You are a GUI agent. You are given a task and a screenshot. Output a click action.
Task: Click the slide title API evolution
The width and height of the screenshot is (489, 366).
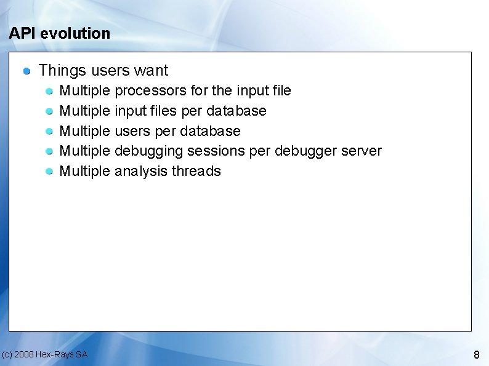(x=60, y=33)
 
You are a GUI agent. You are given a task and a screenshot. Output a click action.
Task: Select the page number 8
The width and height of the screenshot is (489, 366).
(x=476, y=355)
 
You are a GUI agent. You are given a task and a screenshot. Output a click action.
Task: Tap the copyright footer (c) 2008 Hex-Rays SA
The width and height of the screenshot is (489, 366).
(x=44, y=354)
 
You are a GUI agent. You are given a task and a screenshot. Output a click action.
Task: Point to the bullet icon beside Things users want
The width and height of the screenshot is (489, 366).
(x=27, y=71)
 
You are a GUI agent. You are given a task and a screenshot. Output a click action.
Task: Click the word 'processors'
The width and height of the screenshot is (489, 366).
(x=151, y=91)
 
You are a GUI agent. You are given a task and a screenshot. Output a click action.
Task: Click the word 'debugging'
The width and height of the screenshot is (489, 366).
(x=149, y=151)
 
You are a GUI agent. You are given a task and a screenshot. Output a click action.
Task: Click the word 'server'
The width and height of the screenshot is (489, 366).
(x=361, y=151)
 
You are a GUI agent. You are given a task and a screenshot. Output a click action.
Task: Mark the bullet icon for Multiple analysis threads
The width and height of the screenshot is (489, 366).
(x=50, y=172)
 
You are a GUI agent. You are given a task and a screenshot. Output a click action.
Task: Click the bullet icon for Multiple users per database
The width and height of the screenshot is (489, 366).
(x=50, y=132)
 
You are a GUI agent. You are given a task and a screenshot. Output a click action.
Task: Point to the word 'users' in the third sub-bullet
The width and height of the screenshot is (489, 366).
(x=132, y=132)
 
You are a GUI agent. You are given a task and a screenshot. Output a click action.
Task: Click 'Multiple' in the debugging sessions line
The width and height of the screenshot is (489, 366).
(x=84, y=151)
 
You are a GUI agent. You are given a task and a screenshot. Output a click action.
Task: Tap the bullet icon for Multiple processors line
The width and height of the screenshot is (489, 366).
(x=50, y=92)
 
